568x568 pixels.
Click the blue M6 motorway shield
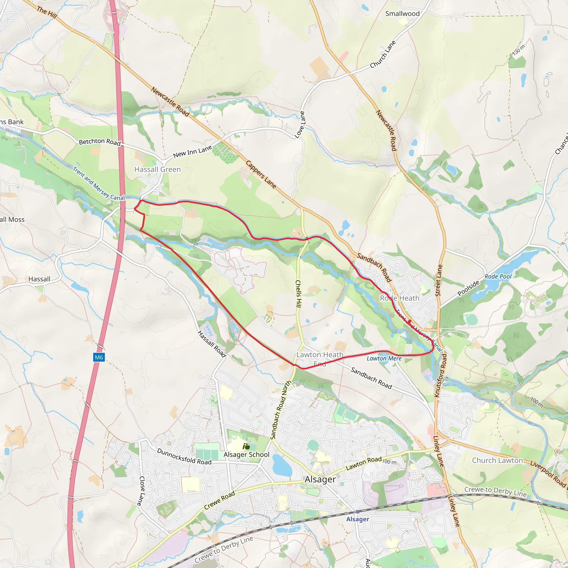click(99, 357)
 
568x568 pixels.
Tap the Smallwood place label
click(402, 14)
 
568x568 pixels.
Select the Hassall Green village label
click(157, 169)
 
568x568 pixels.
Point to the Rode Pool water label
click(498, 277)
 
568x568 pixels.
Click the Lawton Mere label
click(384, 358)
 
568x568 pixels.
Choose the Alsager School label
click(246, 455)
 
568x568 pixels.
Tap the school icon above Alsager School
click(246, 447)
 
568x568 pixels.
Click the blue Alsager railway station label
click(357, 519)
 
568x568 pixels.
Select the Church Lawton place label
click(498, 460)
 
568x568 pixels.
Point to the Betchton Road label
click(100, 142)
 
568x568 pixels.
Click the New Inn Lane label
click(192, 152)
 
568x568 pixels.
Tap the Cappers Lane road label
click(261, 174)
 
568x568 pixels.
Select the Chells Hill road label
click(298, 294)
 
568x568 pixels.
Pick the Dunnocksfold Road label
click(184, 457)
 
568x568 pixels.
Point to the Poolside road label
click(468, 288)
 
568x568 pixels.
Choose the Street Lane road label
click(438, 280)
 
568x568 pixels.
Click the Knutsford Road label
click(440, 376)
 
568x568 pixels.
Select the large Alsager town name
click(320, 480)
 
